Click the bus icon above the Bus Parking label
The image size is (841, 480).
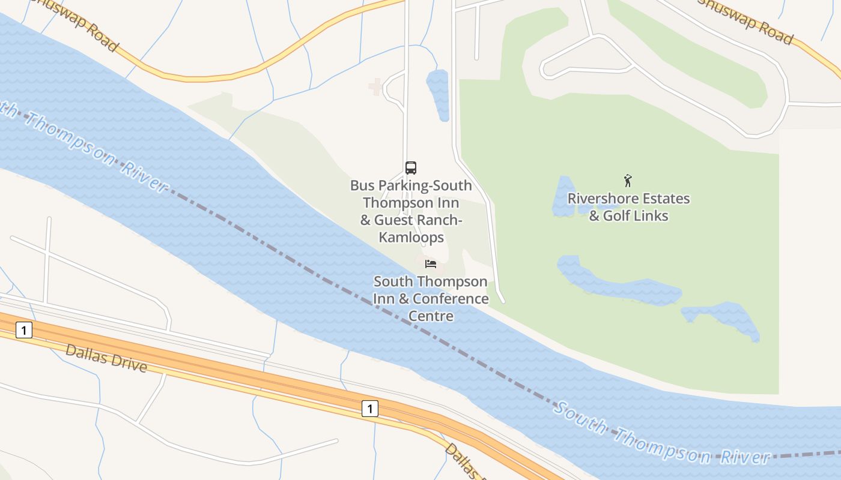coord(411,168)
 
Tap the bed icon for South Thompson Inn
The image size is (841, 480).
coord(430,263)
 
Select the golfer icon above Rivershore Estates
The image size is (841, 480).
coord(628,180)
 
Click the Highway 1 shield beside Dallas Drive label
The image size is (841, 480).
coord(24,329)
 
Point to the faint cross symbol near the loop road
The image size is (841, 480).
coord(375,87)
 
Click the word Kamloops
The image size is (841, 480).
coord(411,238)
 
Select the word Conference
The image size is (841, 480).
coord(451,299)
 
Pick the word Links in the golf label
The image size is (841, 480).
coord(652,216)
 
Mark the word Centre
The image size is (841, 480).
coord(431,316)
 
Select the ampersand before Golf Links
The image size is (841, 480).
coord(594,216)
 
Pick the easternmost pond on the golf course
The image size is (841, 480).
coord(724,319)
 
